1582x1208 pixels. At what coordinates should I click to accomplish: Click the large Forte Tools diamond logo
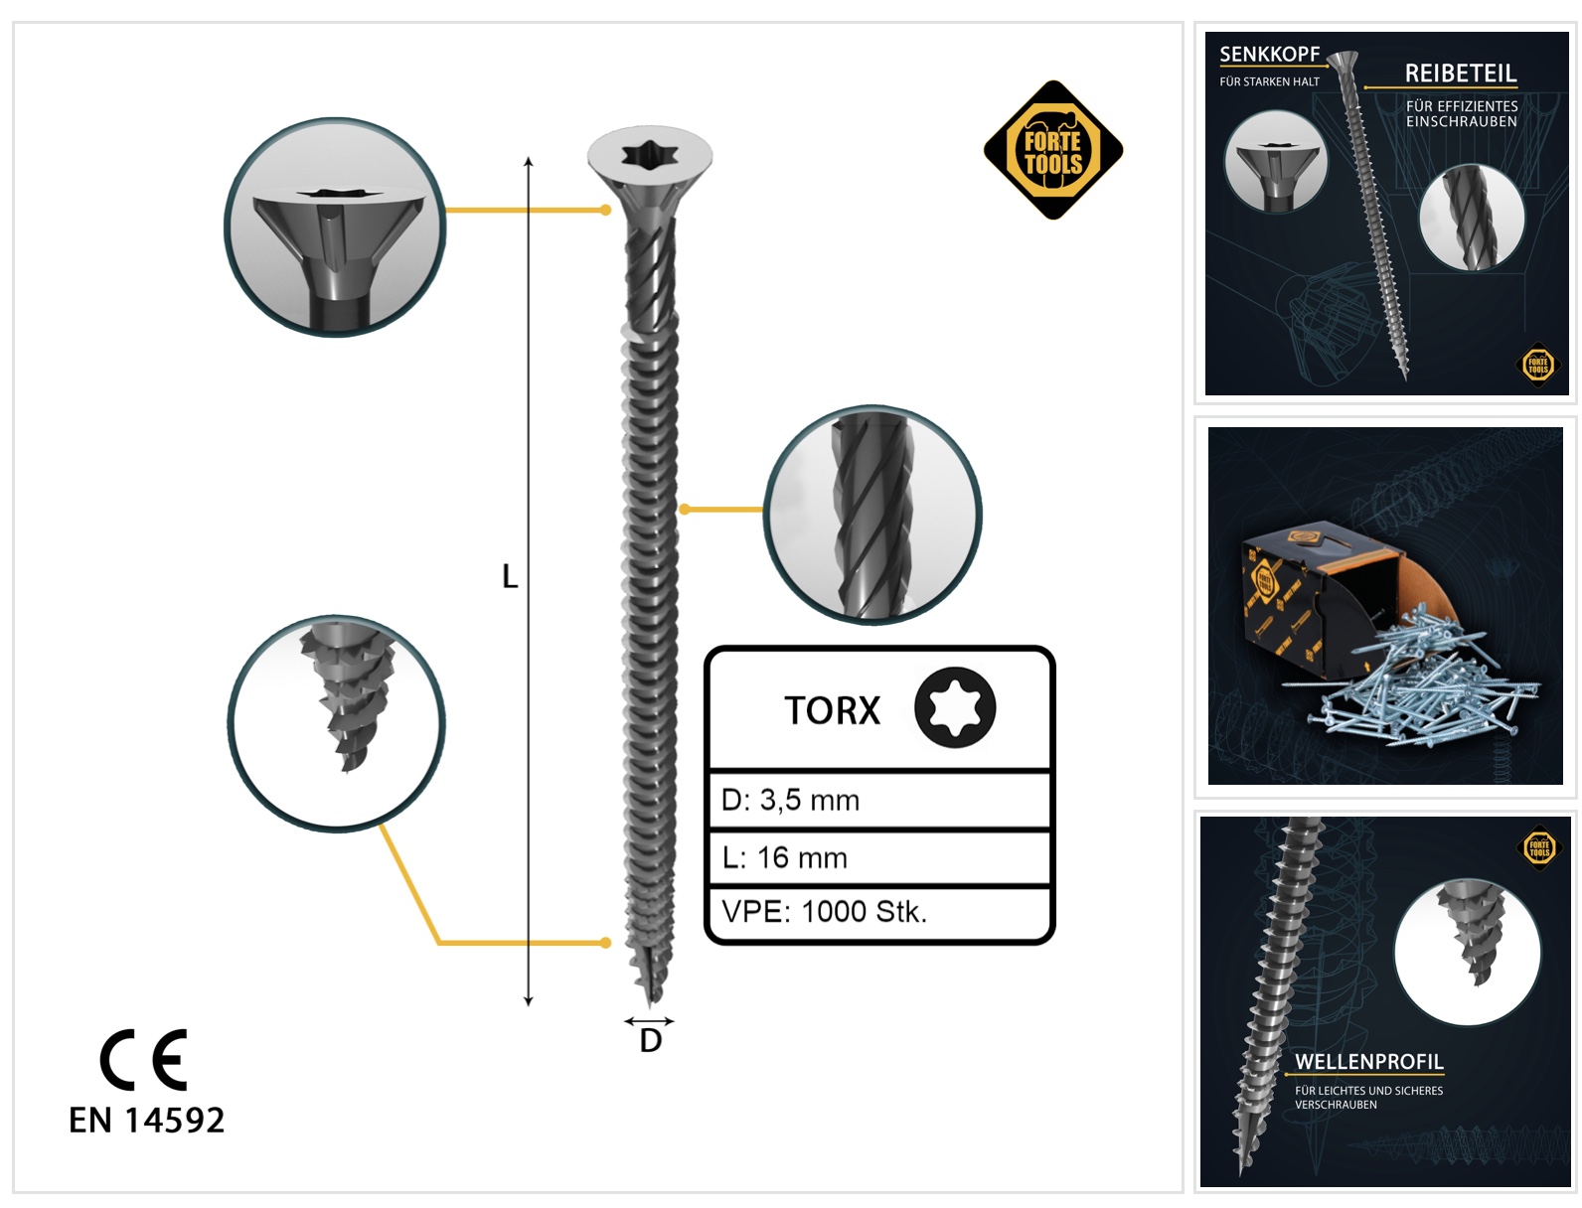(x=1052, y=150)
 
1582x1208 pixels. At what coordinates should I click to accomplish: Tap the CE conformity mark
(x=143, y=1059)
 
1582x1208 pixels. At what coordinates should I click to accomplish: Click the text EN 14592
(x=146, y=1121)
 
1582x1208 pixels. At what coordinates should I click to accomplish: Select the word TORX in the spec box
(x=832, y=710)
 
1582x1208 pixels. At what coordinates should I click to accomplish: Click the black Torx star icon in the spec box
(x=955, y=707)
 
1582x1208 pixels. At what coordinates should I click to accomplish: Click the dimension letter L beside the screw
(x=510, y=576)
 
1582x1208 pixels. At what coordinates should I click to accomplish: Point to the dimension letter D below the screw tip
(x=650, y=1040)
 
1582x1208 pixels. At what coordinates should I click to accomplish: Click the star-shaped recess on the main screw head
(x=650, y=153)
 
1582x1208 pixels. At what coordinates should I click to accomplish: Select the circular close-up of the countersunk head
(x=335, y=226)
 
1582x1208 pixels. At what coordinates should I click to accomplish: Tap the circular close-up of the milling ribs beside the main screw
(x=872, y=514)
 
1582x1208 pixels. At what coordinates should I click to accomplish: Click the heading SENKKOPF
(x=1269, y=54)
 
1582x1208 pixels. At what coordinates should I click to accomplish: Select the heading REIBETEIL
(x=1460, y=73)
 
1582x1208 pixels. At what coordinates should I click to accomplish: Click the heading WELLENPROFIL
(x=1368, y=1062)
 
